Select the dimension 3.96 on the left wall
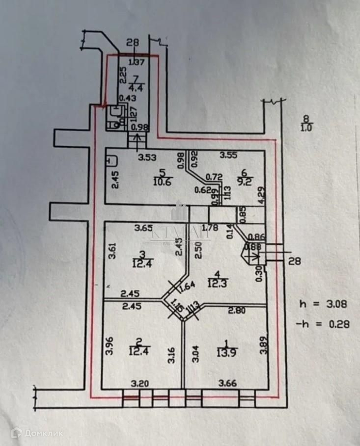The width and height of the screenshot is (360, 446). tap(110, 347)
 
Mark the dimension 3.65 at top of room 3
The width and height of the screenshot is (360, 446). tap(144, 228)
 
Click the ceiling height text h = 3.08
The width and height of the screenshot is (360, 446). tap(323, 304)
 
